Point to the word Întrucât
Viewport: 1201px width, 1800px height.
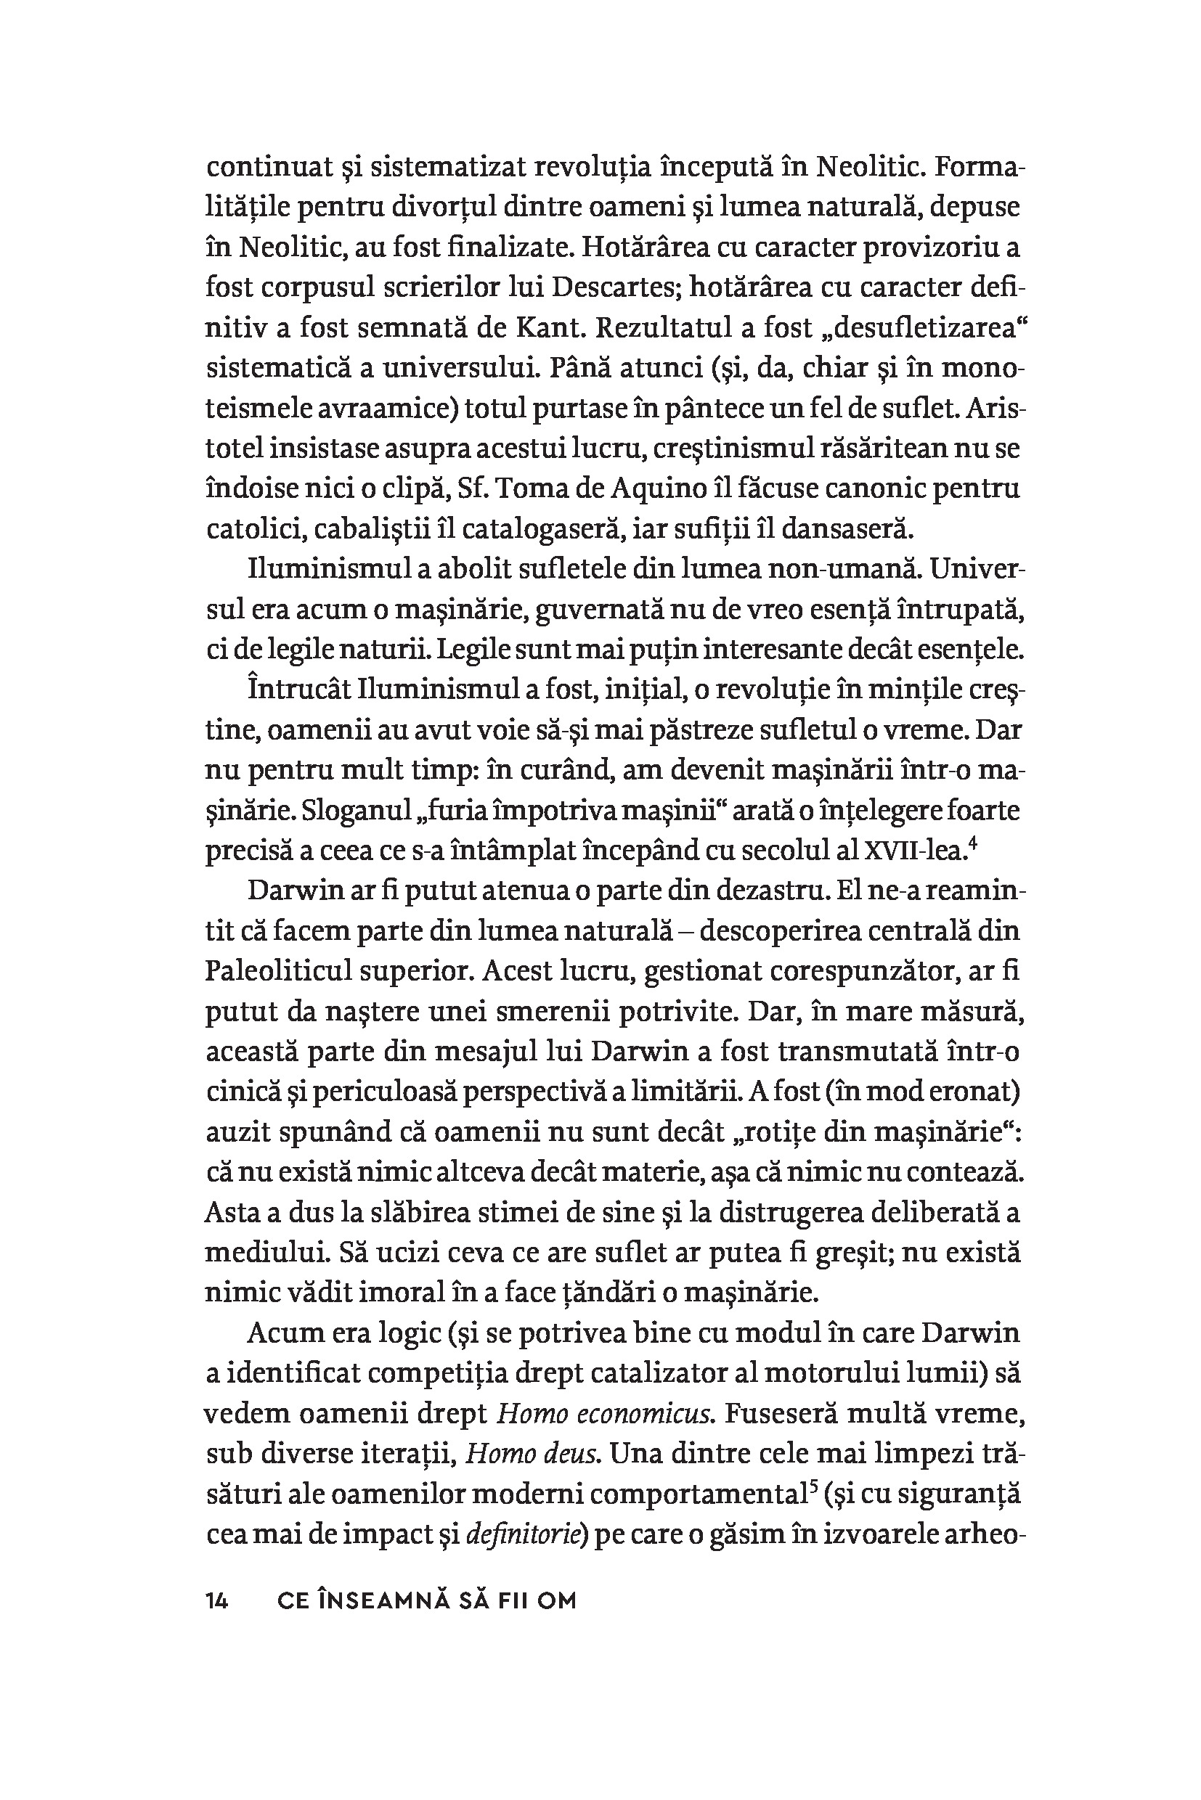pos(299,690)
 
